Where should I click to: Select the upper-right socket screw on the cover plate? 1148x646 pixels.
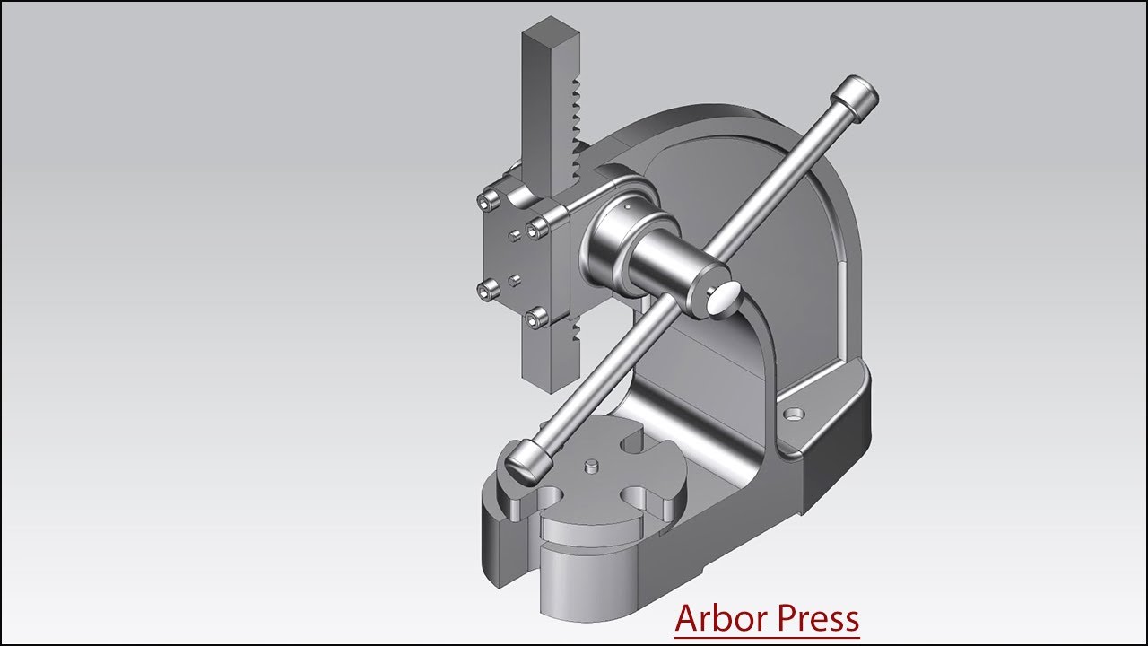536,230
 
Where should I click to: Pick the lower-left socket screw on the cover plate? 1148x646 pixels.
486,289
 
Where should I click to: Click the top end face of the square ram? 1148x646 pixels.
543,35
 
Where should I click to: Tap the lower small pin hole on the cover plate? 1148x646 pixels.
514,281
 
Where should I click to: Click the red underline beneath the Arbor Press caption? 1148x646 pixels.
767,638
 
